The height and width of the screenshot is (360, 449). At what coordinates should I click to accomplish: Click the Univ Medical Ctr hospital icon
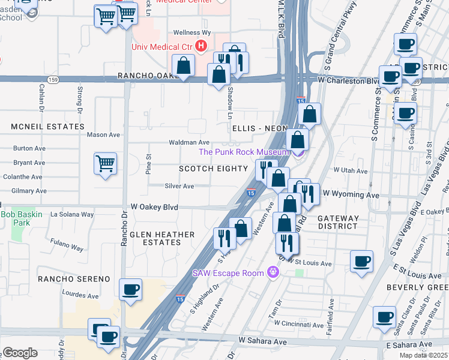point(202,46)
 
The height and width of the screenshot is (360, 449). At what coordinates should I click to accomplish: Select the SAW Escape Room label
point(228,273)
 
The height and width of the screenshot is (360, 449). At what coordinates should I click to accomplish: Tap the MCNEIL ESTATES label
point(47,127)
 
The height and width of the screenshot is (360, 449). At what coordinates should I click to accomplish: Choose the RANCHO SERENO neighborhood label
point(74,279)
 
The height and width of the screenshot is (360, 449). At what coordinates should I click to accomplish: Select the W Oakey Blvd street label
point(154,207)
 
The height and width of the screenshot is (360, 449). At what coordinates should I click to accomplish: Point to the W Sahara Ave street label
point(262,340)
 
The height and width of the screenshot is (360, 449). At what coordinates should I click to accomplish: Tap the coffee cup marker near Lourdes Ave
point(130,290)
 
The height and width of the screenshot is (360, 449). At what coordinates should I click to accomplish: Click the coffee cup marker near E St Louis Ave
point(362,262)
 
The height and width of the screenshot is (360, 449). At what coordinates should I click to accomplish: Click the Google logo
point(20,353)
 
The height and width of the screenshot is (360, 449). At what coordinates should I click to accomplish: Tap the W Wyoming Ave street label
point(351,195)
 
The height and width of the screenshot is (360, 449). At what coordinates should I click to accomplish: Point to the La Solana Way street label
point(72,214)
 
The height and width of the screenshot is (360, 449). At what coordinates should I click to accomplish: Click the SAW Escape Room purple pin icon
point(274,273)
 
